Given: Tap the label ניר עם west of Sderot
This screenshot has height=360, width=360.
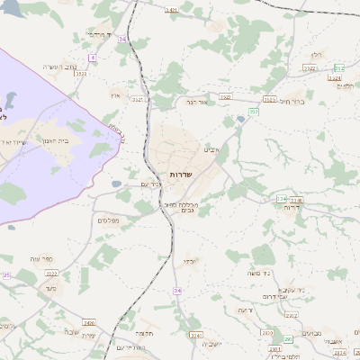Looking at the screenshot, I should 151,185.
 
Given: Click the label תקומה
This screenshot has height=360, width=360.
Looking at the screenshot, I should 145,332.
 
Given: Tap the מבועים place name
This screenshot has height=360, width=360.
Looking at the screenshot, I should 311,333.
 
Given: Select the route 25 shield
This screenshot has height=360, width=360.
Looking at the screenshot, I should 5,274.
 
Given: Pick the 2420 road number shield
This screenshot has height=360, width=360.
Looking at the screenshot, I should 88,321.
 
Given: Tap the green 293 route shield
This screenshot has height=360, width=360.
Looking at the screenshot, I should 288,339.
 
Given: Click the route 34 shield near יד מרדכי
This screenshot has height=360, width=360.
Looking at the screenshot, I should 121,39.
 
